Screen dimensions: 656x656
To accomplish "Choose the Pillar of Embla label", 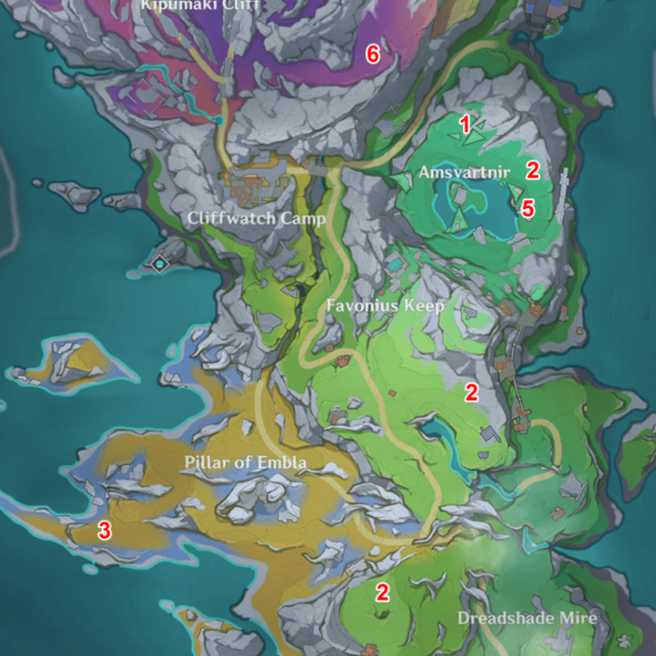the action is pos(246,463).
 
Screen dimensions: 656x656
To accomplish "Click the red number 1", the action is pos(466,125).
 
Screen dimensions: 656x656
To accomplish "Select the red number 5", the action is pos(528,209).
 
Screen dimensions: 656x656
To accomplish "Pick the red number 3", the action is pos(105,531).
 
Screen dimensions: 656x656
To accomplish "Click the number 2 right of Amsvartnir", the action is pos(533,169).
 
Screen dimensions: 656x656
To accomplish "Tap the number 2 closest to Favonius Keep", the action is pos(470,392).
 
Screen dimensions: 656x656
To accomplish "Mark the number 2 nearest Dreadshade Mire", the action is pos(382,592).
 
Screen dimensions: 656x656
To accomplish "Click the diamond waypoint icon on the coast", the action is pos(160,263).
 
